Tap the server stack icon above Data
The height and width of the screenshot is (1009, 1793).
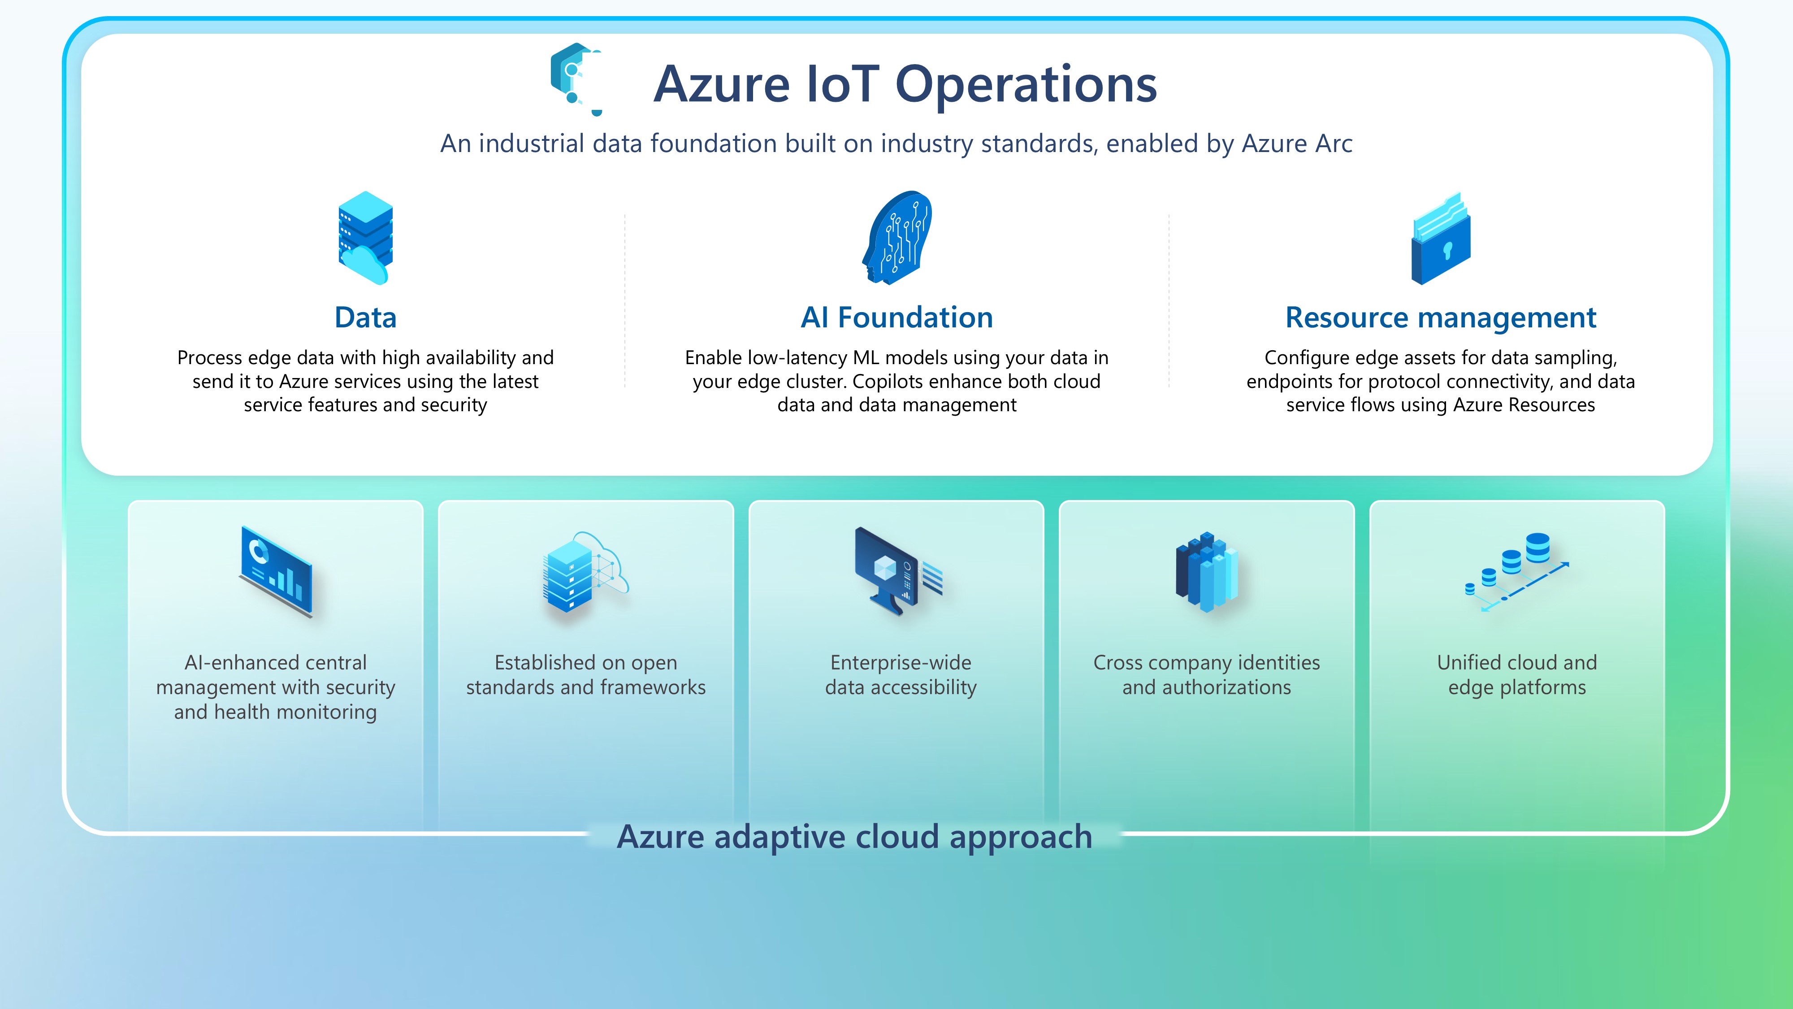365,238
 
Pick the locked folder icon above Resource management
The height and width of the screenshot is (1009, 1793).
1441,239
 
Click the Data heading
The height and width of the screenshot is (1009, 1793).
365,317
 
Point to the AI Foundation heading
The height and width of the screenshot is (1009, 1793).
896,317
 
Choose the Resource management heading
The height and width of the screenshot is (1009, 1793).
1440,317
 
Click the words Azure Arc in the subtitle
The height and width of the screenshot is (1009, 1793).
1297,144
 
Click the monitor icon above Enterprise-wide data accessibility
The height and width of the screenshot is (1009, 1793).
898,570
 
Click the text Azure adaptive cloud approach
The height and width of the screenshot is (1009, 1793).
855,836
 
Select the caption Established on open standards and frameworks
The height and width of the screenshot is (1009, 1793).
585,675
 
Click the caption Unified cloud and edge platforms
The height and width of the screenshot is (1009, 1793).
1517,675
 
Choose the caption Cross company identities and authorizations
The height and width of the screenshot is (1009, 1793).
1206,675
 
